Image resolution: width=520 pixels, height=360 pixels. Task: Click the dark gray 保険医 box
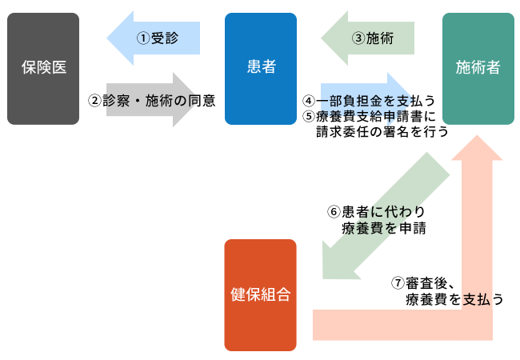click(43, 69)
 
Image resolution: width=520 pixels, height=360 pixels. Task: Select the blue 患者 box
click(261, 69)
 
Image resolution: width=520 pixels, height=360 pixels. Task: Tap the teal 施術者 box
click(478, 69)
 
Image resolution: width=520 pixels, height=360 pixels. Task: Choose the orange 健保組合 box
click(260, 295)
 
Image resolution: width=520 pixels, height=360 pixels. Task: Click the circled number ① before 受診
click(143, 38)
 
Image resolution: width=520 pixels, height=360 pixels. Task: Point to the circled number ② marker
click(94, 101)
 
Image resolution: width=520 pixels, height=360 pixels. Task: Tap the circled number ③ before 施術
click(358, 38)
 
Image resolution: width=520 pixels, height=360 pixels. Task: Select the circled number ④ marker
click(309, 101)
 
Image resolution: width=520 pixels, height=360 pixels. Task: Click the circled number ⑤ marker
click(309, 116)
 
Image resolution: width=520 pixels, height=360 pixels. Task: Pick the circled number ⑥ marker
click(334, 211)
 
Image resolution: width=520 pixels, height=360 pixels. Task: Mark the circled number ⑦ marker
click(398, 283)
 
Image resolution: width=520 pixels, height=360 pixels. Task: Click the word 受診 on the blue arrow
click(165, 38)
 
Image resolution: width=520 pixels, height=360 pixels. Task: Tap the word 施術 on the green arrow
click(380, 38)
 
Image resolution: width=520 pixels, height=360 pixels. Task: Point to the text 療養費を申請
click(384, 228)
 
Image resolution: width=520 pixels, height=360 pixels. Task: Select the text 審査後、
click(430, 283)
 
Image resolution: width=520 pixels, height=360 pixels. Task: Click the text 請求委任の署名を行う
click(382, 132)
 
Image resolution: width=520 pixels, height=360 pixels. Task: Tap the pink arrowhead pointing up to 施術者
click(477, 148)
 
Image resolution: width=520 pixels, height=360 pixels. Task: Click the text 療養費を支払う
click(454, 299)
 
